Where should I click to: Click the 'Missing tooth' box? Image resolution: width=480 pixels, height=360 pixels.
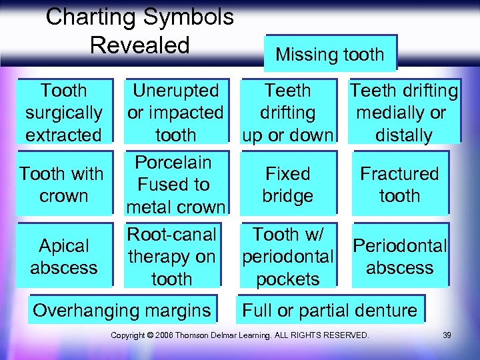pyautogui.click(x=330, y=54)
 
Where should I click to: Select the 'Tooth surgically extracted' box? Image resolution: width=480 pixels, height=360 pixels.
pyautogui.click(x=64, y=112)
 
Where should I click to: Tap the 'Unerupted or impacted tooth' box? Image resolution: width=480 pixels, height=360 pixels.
pyautogui.click(x=175, y=112)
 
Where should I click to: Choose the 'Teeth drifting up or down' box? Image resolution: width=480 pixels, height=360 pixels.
pyautogui.click(x=288, y=112)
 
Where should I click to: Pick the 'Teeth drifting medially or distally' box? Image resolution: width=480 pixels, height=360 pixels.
pyautogui.click(x=403, y=112)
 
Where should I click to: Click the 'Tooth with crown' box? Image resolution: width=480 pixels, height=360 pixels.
pyautogui.click(x=63, y=185)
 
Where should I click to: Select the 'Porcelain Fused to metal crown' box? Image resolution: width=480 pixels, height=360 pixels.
pyautogui.click(x=175, y=185)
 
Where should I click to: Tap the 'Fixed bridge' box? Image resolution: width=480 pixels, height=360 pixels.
pyautogui.click(x=288, y=185)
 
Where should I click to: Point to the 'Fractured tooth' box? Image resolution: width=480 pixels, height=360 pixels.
pyautogui.click(x=399, y=185)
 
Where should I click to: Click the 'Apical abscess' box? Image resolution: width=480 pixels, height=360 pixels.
pyautogui.click(x=64, y=257)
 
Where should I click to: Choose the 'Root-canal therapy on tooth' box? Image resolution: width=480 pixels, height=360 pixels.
pyautogui.click(x=172, y=257)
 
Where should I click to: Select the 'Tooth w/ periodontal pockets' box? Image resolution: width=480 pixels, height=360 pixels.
pyautogui.click(x=288, y=257)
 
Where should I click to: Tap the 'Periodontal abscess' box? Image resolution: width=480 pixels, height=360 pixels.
pyautogui.click(x=400, y=257)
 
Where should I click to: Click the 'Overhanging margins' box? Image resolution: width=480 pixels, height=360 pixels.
pyautogui.click(x=122, y=310)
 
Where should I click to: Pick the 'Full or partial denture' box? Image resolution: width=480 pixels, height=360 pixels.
pyautogui.click(x=330, y=310)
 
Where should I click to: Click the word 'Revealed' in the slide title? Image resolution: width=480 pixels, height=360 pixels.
pyautogui.click(x=140, y=45)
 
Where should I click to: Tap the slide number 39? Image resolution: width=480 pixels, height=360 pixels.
pyautogui.click(x=447, y=335)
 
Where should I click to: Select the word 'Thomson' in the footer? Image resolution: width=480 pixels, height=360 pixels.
pyautogui.click(x=201, y=335)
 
